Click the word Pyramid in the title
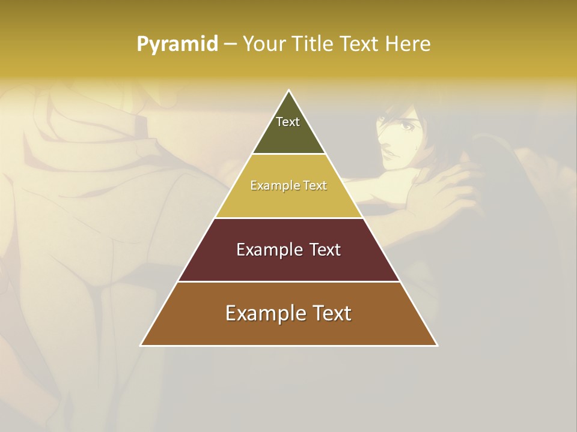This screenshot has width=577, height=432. tap(177, 44)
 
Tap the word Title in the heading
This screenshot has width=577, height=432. tap(314, 44)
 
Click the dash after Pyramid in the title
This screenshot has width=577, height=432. tap(230, 44)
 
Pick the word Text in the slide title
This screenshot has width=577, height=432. tap(361, 44)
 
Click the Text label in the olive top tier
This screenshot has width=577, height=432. tap(288, 122)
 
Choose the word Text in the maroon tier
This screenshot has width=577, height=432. tap(325, 250)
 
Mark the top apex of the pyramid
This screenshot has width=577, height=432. tap(289, 91)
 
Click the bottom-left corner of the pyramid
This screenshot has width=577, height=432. tap(141, 345)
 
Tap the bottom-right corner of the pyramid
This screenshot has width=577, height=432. tap(437, 345)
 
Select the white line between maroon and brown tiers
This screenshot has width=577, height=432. tap(289, 281)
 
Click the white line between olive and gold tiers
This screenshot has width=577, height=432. tap(289, 154)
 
